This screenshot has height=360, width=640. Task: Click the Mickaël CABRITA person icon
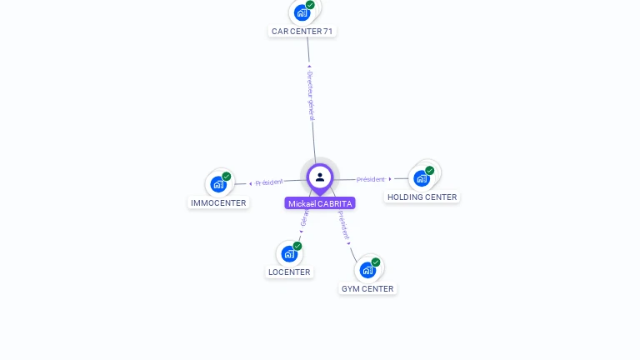[320, 177]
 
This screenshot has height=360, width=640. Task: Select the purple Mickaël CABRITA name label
[320, 203]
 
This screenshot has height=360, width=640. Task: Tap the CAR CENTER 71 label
[302, 32]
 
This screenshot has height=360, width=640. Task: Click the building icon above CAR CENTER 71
[302, 12]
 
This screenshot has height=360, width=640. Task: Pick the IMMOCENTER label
[218, 202]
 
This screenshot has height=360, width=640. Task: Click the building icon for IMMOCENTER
[218, 184]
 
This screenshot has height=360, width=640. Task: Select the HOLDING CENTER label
[422, 197]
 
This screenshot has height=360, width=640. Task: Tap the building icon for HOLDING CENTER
[422, 178]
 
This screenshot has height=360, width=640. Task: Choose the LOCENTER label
[289, 272]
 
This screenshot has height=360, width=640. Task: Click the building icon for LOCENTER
[289, 253]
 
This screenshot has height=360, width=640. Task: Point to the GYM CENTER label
[367, 288]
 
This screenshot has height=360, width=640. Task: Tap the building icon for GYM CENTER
[367, 270]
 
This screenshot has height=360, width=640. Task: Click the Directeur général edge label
[310, 95]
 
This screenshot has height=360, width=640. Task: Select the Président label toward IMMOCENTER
[269, 182]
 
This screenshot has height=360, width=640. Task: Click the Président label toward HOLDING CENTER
[371, 179]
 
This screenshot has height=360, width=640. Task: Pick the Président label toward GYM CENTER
[344, 224]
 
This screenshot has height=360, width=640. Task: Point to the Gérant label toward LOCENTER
[304, 219]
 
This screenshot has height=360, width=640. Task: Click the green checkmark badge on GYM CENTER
[376, 262]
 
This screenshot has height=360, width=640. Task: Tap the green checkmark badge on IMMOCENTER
[227, 177]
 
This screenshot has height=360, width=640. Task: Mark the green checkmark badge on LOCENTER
[297, 246]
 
